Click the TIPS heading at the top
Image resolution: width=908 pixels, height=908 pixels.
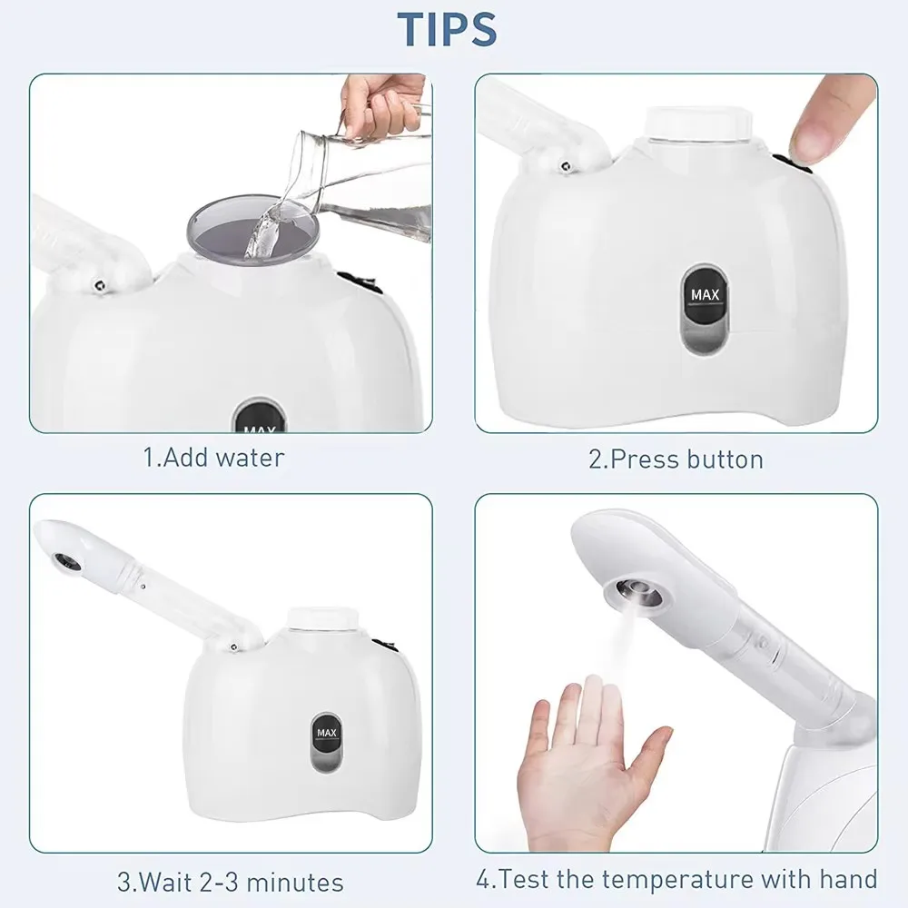click(447, 29)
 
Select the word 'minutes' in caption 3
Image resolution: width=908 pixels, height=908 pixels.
click(295, 883)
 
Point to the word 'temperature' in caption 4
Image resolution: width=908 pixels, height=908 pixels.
click(678, 880)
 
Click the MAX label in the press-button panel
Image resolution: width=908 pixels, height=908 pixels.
click(705, 295)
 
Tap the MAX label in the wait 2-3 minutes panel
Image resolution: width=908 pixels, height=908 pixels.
click(327, 733)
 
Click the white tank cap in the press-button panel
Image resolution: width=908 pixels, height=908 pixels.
click(698, 125)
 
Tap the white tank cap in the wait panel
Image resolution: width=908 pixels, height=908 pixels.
click(321, 618)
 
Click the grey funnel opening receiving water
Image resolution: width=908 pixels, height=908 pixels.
click(253, 231)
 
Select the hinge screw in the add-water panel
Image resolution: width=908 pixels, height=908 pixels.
click(100, 285)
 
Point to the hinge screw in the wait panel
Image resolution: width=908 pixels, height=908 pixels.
click(232, 647)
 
